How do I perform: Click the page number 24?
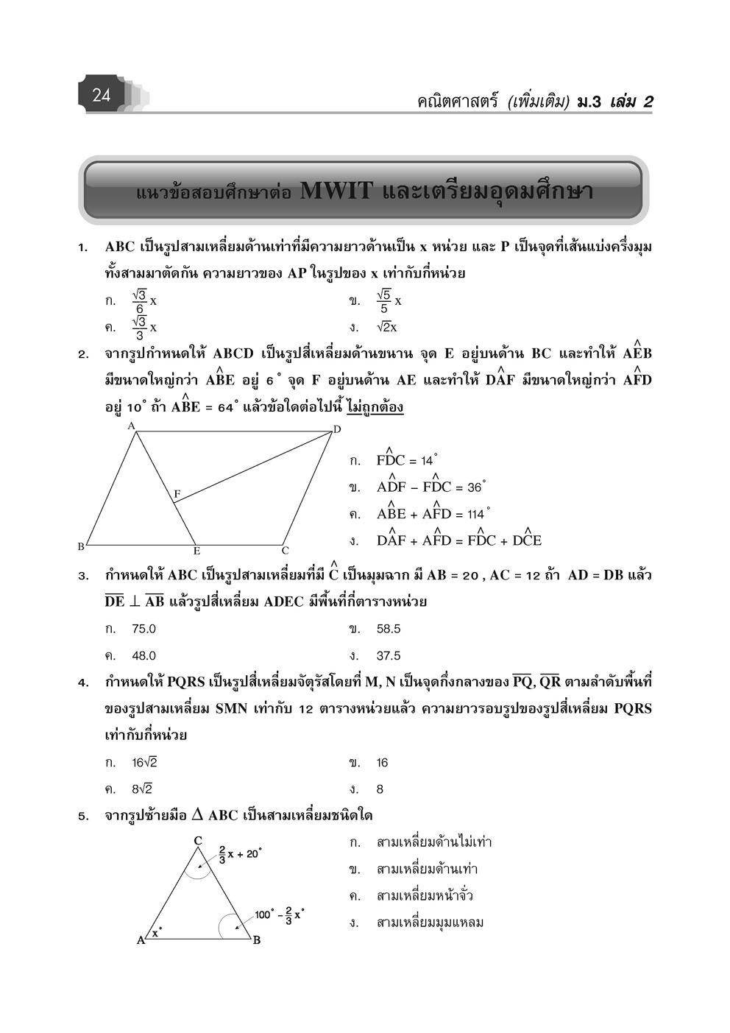click(102, 95)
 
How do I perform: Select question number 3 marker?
click(83, 576)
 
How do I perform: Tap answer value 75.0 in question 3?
click(143, 629)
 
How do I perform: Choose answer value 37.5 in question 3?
click(388, 655)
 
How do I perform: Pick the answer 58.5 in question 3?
click(388, 629)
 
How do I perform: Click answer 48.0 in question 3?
click(143, 655)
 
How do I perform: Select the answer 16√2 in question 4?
click(144, 763)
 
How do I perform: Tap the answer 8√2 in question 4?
click(141, 789)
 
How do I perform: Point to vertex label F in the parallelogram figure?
click(177, 493)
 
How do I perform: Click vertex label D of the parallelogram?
click(337, 429)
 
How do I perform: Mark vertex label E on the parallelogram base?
click(196, 551)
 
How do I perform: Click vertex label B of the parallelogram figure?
click(81, 546)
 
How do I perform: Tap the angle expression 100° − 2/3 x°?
click(280, 915)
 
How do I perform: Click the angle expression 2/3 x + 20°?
click(240, 855)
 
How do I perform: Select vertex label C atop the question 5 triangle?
click(198, 840)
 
